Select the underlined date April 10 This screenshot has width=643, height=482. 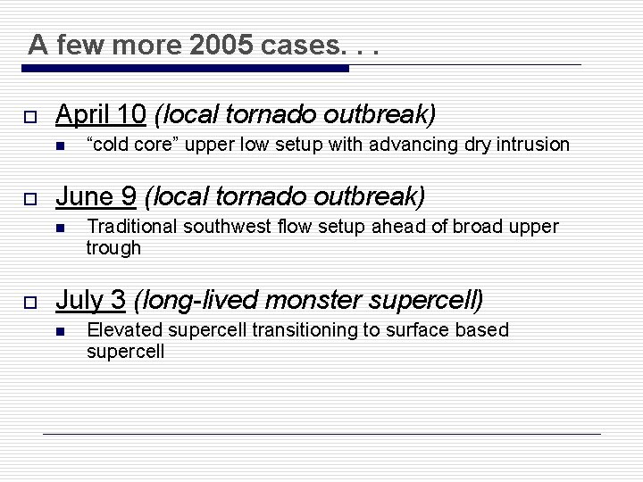tap(100, 114)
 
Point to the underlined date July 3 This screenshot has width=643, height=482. tap(90, 300)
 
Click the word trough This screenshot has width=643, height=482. tap(113, 248)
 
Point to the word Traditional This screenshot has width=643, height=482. tap(128, 227)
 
